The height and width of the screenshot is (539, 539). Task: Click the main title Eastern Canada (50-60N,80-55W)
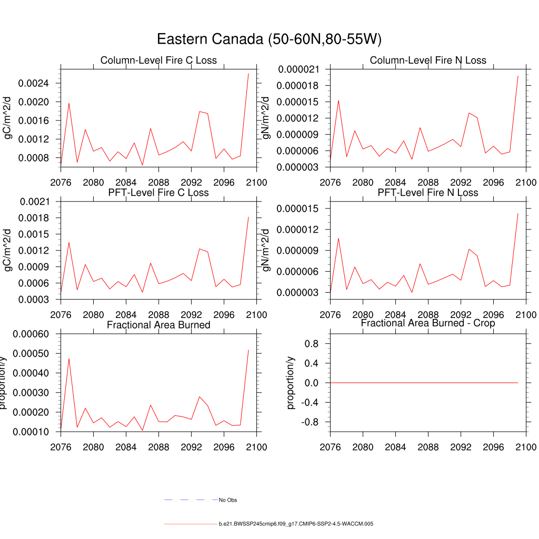pos(269,39)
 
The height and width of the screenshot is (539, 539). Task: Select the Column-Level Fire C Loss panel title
pos(158,61)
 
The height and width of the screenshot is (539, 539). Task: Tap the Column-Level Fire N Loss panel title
pos(428,61)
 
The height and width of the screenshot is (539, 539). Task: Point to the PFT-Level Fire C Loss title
pos(158,193)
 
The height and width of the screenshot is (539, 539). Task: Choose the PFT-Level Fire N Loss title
pos(428,193)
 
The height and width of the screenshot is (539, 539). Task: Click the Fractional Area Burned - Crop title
pos(428,323)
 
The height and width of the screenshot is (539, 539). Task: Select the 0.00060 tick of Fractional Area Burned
pos(31,334)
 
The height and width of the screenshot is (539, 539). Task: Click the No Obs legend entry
pos(228,500)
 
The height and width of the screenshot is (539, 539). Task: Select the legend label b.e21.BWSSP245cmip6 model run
pos(296,524)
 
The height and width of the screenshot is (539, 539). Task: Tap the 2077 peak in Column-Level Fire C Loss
pos(69,103)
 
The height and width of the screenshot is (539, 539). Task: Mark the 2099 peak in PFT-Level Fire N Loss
pos(518,214)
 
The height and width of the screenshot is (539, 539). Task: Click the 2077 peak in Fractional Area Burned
pos(69,358)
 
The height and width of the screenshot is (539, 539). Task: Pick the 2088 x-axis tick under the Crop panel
pos(428,447)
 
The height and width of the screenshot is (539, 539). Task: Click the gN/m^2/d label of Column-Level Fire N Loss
pos(267,118)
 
